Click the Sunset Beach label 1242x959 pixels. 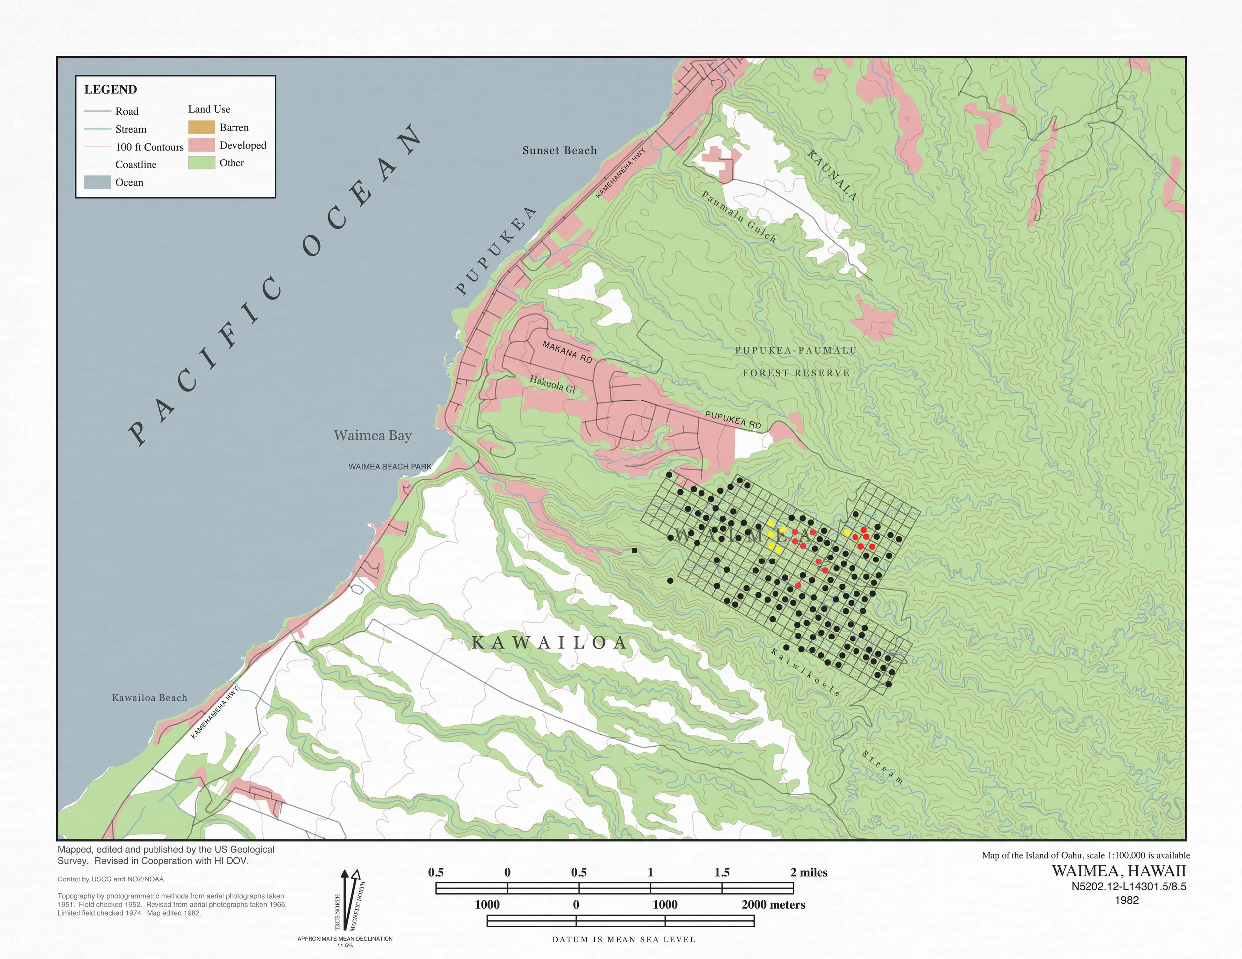point(559,150)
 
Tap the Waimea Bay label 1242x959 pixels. point(373,435)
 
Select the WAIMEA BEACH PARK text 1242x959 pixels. point(389,467)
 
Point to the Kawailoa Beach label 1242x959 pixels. point(150,697)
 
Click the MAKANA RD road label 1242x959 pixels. point(567,352)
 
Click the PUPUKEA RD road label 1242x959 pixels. point(732,420)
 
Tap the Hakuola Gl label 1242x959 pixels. point(552,384)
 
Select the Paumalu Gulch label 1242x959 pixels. point(738,217)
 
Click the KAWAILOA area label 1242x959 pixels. point(549,643)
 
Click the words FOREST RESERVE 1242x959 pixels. point(795,373)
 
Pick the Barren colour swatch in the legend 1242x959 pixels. point(201,127)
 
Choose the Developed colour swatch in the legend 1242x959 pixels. point(201,145)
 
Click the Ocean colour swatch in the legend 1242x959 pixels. point(97,182)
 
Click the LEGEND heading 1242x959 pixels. point(110,90)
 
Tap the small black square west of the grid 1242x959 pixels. point(634,550)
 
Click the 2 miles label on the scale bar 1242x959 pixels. point(808,872)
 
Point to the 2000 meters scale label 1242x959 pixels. point(773,904)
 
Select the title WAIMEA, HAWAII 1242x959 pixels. point(1119,871)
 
